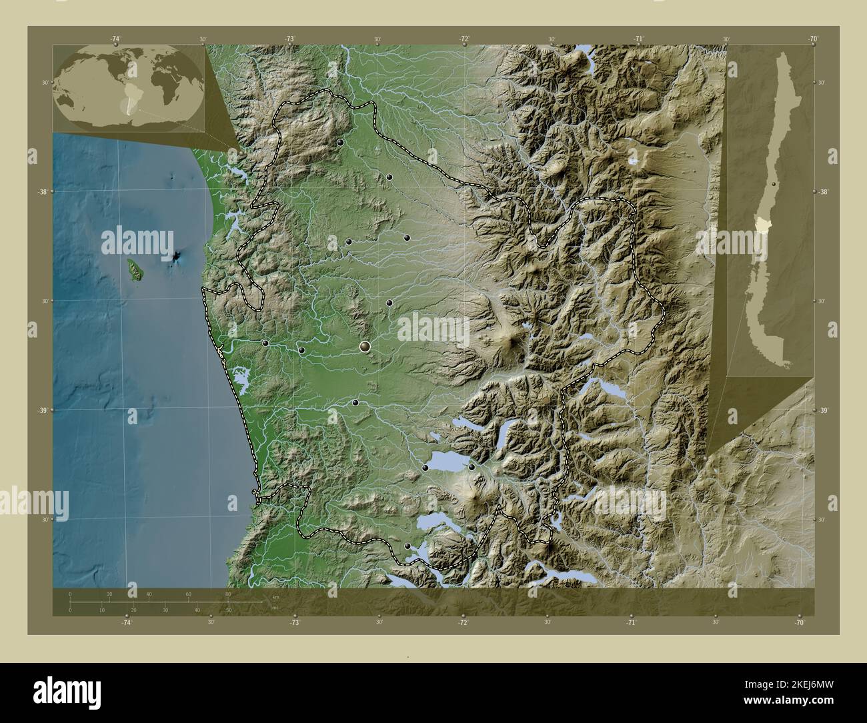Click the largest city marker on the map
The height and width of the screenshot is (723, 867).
[365, 345]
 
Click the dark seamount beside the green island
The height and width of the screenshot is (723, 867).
[177, 257]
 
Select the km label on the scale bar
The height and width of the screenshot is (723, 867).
[275, 596]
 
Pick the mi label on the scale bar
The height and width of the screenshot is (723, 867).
[275, 608]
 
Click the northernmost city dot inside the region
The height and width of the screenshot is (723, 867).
[340, 142]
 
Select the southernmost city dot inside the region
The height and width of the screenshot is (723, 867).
[407, 546]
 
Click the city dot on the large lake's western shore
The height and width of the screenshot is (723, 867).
[425, 469]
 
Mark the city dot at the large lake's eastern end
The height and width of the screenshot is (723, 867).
[472, 467]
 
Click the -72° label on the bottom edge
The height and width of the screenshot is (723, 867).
[462, 622]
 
